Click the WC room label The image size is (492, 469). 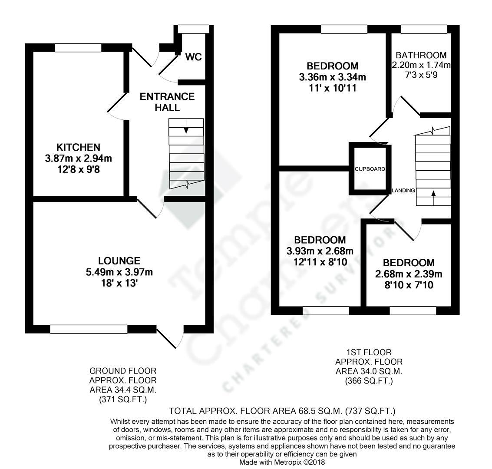[x=193, y=57]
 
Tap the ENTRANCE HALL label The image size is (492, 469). [x=167, y=102]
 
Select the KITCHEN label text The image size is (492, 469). [x=78, y=147]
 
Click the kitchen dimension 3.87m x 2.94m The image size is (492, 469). [x=78, y=159]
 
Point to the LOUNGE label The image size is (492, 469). [x=119, y=261]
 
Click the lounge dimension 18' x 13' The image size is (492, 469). [x=119, y=283]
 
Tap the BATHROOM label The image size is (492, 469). [x=421, y=55]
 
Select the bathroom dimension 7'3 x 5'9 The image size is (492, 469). [x=421, y=75]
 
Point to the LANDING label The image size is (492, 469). [x=403, y=191]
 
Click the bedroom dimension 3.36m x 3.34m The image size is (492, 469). [x=332, y=78]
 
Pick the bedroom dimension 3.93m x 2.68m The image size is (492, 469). [x=320, y=251]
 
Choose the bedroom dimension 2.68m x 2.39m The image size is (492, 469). [x=408, y=274]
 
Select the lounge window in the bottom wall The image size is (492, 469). [x=89, y=329]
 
